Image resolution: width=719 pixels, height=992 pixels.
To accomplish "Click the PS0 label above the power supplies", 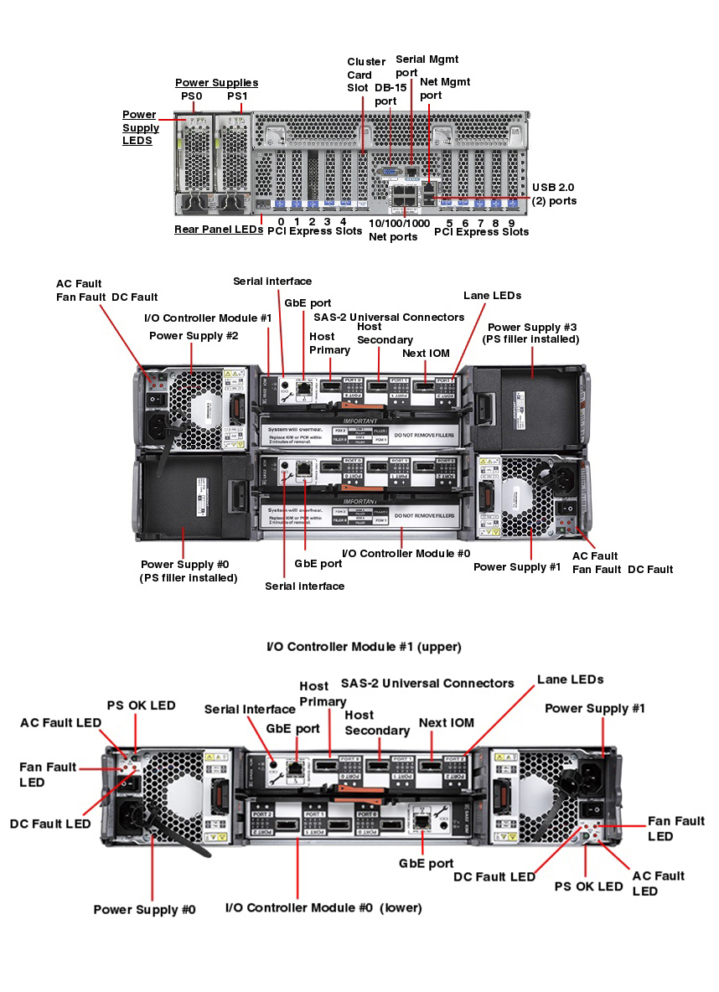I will click(192, 96).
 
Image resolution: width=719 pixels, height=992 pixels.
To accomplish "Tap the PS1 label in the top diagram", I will click(237, 96).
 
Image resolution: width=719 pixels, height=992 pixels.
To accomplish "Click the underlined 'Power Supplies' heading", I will click(216, 82).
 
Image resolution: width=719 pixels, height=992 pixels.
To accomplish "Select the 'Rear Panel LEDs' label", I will click(218, 229).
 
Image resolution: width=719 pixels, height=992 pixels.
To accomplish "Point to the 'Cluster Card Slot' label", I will click(366, 75).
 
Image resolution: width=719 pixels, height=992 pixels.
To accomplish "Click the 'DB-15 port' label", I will click(385, 94).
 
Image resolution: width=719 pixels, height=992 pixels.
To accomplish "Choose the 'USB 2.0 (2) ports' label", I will click(554, 194).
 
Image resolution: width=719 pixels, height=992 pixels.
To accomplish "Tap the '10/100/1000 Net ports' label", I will click(399, 230).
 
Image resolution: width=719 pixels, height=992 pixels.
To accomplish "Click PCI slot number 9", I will click(511, 223).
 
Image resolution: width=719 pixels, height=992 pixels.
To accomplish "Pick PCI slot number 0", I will click(281, 222).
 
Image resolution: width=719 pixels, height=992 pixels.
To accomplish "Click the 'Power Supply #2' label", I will click(194, 335).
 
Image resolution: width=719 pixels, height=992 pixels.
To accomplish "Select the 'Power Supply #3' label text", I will click(532, 333).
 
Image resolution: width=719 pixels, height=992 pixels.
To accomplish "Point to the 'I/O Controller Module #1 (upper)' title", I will click(364, 647).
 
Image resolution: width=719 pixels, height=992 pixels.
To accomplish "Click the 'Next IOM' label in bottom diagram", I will click(447, 722).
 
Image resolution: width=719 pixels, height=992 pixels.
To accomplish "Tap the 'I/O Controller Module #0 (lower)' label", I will click(323, 907).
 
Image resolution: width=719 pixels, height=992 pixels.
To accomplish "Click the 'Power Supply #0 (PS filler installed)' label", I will click(189, 571).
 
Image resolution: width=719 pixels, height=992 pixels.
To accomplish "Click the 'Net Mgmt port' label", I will click(444, 88).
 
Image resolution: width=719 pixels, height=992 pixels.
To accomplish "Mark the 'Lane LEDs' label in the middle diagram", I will click(492, 295).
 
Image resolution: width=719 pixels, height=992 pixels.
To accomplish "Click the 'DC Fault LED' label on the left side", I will click(50, 824).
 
